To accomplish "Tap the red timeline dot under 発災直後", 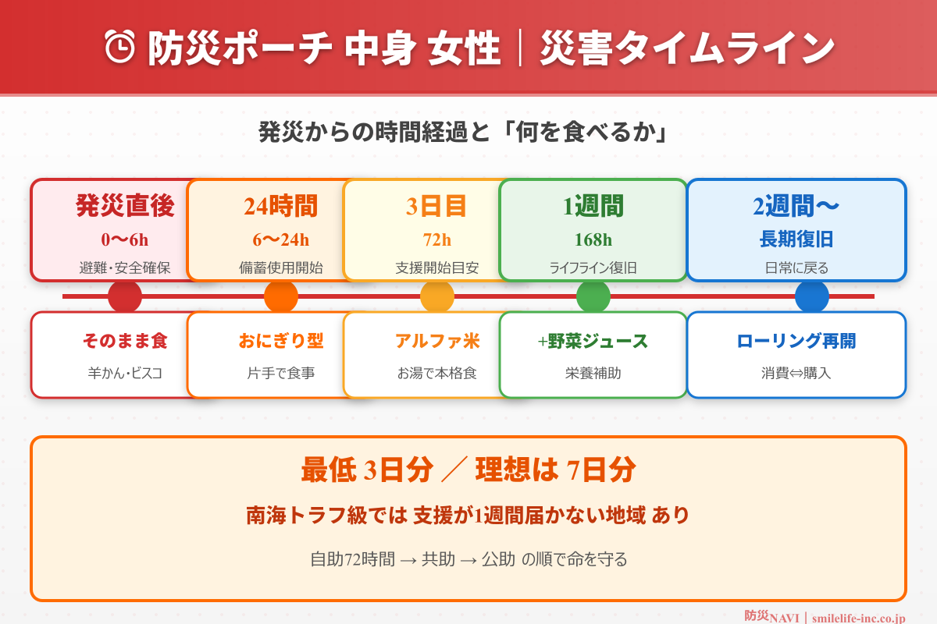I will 125,296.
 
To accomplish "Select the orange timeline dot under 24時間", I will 281,296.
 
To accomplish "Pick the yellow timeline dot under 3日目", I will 437,296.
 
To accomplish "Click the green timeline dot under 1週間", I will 593,296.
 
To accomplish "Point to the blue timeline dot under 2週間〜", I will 812,296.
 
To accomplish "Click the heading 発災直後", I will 125,206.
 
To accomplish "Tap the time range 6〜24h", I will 281,239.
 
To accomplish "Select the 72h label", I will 437,239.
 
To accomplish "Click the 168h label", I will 593,239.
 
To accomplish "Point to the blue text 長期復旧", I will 796,239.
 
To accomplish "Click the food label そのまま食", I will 125,341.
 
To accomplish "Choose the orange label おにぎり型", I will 281,341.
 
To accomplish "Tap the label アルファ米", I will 437,341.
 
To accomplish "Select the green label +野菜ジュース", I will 593,341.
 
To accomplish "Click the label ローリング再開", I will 796,341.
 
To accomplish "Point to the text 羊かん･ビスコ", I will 125,373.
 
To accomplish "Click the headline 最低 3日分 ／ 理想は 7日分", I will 468,470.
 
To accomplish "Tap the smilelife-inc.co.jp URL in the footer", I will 858,618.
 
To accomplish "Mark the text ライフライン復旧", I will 593,268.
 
